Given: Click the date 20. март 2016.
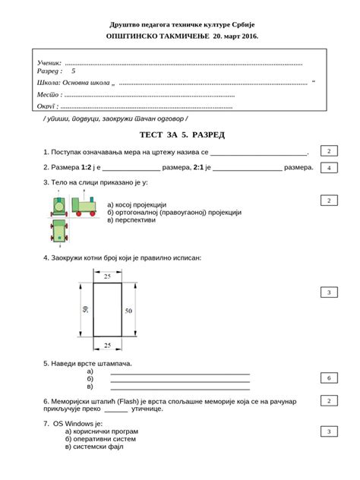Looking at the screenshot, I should coord(226,36).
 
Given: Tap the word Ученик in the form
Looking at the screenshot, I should coord(49,62).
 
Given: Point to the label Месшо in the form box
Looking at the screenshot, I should coord(48,94).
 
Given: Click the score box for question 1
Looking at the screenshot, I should coord(328,152).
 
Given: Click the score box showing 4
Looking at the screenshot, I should coord(328,168).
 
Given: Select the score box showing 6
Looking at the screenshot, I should coord(328,377).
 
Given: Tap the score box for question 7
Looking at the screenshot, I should coord(328,431).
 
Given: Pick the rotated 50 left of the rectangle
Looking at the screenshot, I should coord(86,310).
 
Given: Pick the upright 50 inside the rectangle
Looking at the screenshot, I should coord(128,311).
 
